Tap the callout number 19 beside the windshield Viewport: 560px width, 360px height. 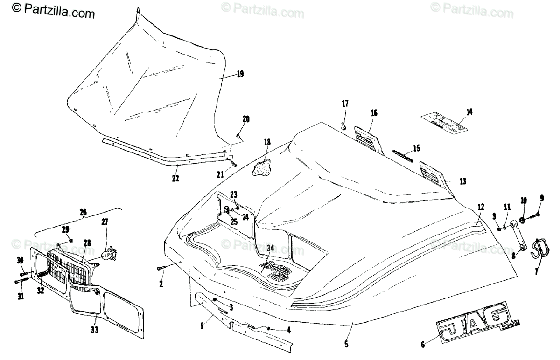click(240, 74)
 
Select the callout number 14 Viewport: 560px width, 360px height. click(469, 111)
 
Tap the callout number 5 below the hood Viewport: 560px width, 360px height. click(346, 345)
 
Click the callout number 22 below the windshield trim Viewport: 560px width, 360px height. click(175, 178)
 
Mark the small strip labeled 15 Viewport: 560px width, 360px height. click(402, 156)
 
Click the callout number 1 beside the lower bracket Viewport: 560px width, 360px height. click(202, 327)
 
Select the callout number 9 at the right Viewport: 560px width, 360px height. click(541, 198)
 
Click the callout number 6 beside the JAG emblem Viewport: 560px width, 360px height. click(423, 345)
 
